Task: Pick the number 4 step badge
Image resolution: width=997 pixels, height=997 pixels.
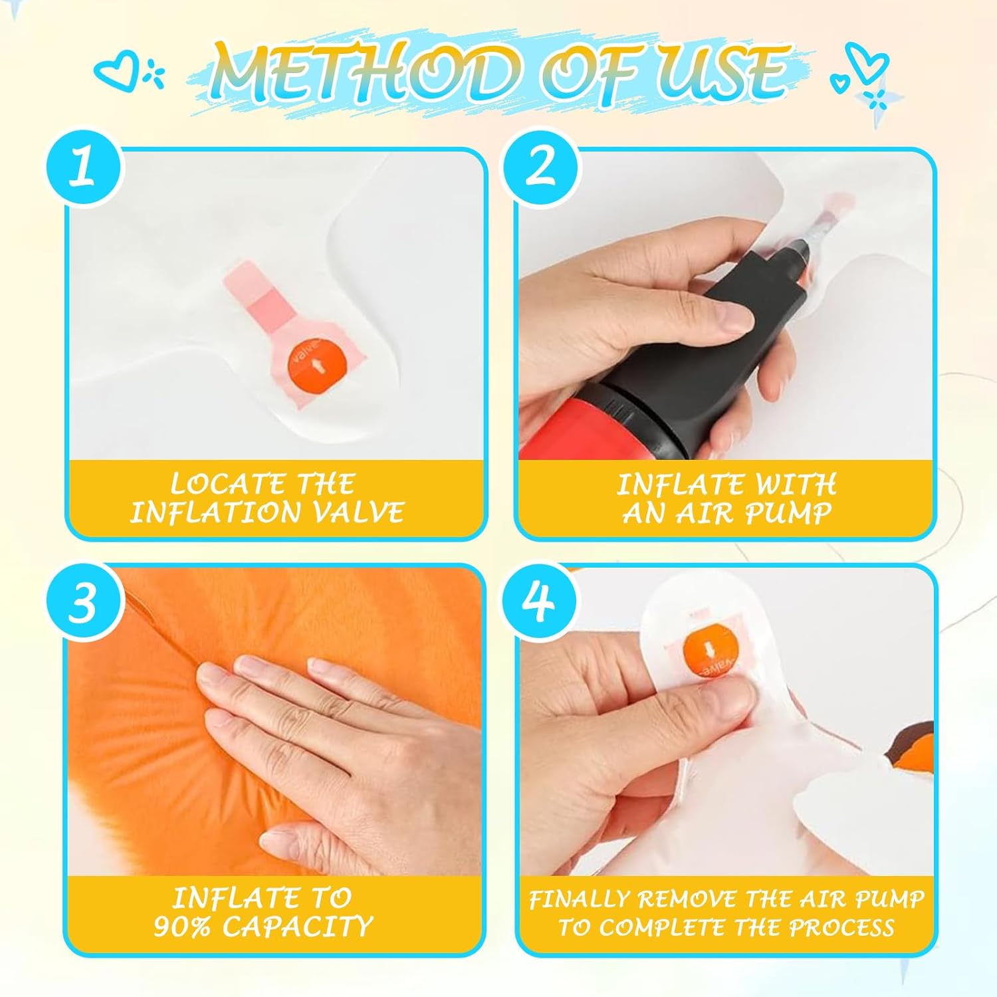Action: pos(541,602)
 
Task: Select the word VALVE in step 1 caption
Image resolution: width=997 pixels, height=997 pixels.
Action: pos(362,512)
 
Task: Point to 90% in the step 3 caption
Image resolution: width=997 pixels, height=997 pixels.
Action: pos(184,927)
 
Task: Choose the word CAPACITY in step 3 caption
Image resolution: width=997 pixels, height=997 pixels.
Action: pos(296,927)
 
